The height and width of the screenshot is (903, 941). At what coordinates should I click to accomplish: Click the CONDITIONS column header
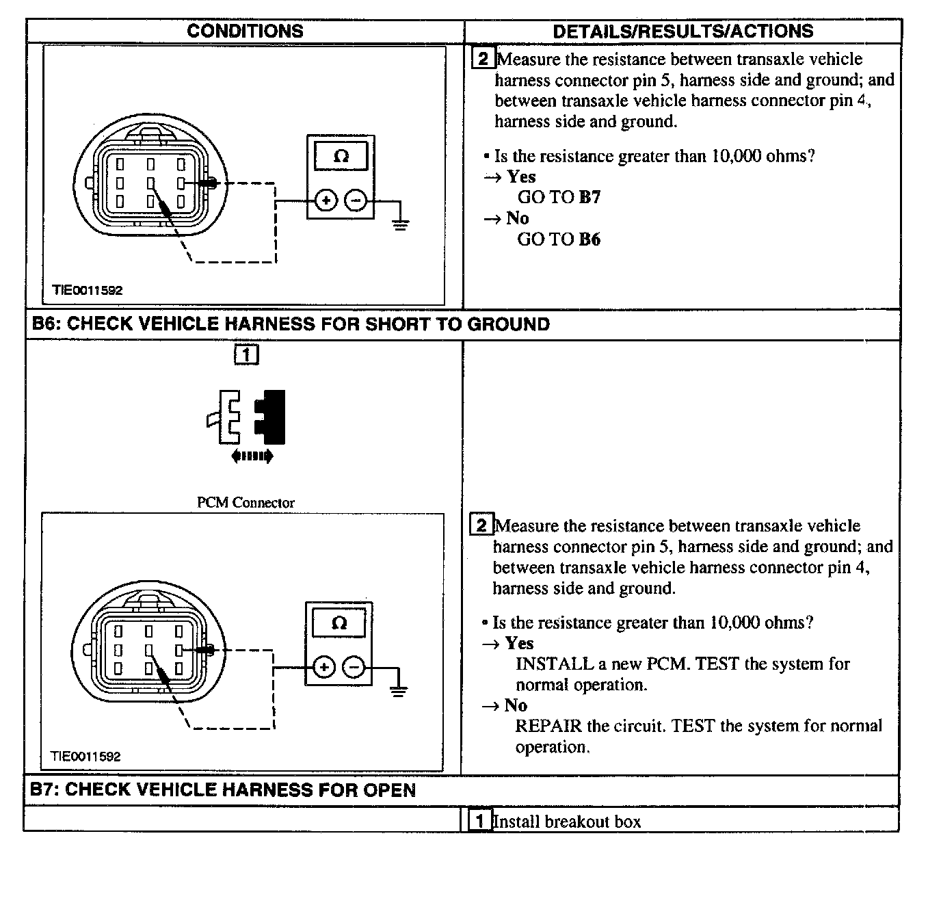(244, 31)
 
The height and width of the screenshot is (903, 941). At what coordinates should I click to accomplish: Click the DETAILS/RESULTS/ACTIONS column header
(682, 31)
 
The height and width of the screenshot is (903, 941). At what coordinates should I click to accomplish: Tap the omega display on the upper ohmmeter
(341, 156)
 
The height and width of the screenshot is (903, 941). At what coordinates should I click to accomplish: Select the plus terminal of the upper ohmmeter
(326, 200)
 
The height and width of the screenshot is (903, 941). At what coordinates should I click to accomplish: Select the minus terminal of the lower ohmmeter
(354, 666)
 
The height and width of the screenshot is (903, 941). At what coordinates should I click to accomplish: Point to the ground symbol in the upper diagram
(401, 224)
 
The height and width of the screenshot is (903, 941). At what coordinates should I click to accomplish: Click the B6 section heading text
(291, 324)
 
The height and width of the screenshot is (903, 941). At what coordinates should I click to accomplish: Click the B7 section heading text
(223, 790)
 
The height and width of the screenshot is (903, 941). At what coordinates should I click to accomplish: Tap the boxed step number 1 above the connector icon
(246, 354)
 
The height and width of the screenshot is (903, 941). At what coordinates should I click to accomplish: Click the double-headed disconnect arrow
(252, 456)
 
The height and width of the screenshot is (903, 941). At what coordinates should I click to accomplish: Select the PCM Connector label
(246, 503)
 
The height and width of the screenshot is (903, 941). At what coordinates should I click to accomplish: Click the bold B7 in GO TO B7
(589, 198)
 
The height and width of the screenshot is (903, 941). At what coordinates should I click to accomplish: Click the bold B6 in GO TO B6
(589, 239)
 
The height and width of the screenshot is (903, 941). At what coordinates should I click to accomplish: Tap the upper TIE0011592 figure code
(88, 290)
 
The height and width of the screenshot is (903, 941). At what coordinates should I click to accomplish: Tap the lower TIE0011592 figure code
(85, 757)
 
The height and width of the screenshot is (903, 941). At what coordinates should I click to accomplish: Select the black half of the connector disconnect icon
(272, 417)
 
